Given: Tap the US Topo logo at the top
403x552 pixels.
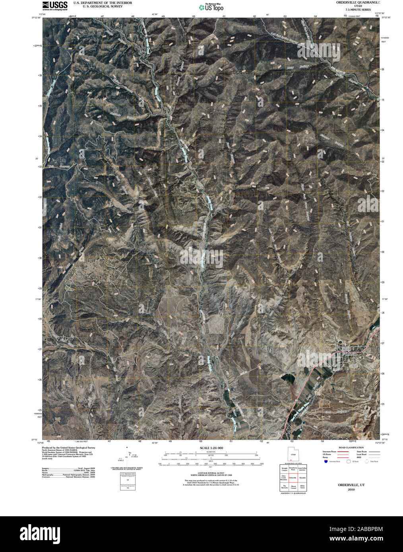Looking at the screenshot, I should [211, 7].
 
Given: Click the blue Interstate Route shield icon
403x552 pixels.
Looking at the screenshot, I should [326, 461].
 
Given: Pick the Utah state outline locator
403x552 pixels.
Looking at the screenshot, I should [293, 454].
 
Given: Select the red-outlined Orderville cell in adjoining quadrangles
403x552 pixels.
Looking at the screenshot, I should [293, 478].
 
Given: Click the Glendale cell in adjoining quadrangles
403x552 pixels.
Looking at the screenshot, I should [302, 478].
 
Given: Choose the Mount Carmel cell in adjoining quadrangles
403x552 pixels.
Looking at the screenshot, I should [293, 487].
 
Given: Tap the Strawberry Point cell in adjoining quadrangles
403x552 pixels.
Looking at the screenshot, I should [293, 469].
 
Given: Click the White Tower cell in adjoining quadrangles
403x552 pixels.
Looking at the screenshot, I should [302, 487].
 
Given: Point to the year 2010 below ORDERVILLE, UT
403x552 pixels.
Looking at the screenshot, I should [351, 490].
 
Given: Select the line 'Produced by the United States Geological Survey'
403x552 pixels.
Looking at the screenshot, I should [68, 447].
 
